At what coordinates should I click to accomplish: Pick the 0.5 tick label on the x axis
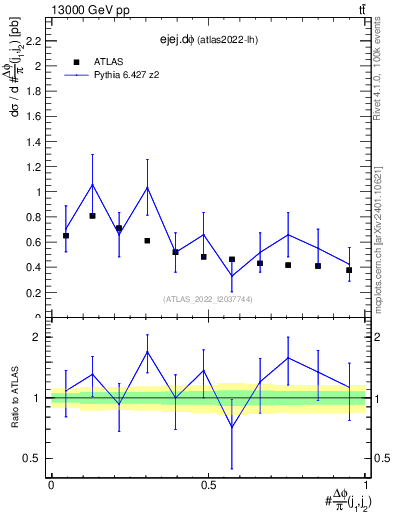tap(208, 485)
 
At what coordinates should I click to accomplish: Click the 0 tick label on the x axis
tap(51, 485)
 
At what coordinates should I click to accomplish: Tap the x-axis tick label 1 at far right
tap(366, 485)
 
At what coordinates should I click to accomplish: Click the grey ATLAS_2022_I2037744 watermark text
tap(208, 298)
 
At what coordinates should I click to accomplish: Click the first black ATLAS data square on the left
tap(66, 236)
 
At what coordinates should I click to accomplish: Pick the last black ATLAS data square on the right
tap(349, 270)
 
